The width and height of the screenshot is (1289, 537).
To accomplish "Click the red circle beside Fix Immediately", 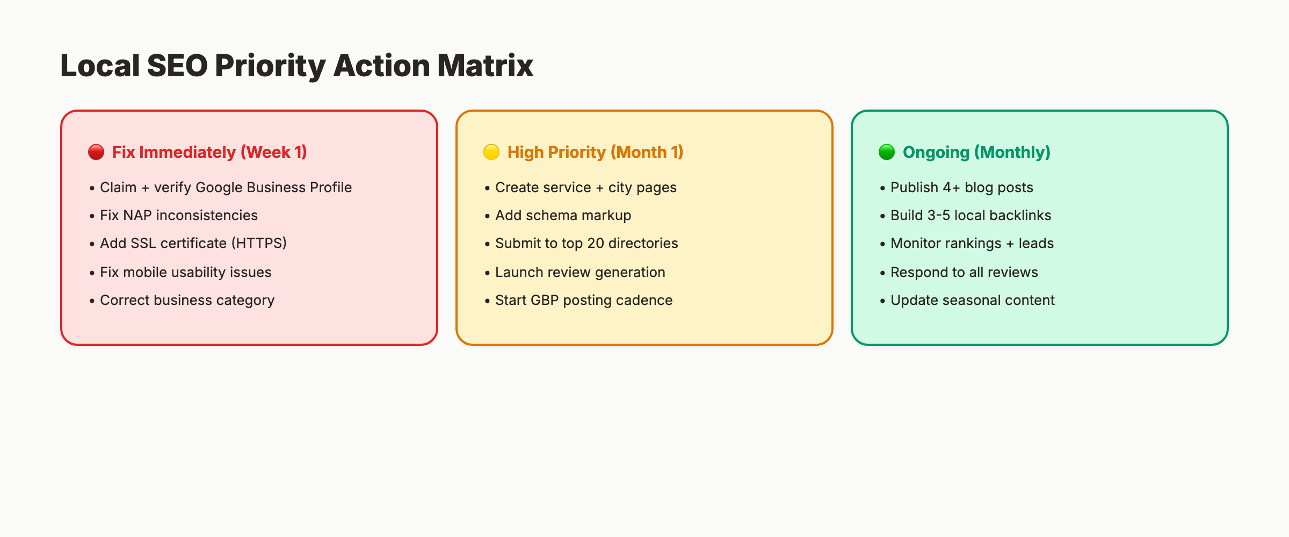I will [x=96, y=152].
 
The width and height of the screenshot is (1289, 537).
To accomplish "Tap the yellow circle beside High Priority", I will [x=491, y=152].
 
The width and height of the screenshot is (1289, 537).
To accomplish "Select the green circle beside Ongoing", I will [x=887, y=152].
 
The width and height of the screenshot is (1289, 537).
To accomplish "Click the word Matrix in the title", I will [x=485, y=66].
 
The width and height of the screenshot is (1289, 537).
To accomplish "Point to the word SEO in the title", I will [x=177, y=66].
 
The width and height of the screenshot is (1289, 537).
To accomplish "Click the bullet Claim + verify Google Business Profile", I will [x=226, y=187].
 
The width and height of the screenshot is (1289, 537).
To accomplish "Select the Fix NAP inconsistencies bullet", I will [x=178, y=215].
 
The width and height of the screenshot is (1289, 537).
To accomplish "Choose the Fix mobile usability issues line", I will [x=185, y=272].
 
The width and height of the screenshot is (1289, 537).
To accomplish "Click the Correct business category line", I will [x=187, y=300].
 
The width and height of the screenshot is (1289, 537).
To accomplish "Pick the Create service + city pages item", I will [x=585, y=187].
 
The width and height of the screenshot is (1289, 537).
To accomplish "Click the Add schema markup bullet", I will [x=563, y=215].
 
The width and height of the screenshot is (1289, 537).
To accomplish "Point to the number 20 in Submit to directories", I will [x=596, y=243].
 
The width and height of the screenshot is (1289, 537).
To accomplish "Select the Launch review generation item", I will [x=580, y=272].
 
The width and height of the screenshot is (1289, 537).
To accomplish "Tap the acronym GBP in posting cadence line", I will [x=545, y=300].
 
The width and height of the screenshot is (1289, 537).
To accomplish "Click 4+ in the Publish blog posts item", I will [x=951, y=187].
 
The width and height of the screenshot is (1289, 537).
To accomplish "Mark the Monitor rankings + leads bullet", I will [x=972, y=243].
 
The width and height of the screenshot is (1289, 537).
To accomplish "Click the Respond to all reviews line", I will [x=964, y=272].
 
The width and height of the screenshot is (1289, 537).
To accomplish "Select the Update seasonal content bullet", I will [x=972, y=300].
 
